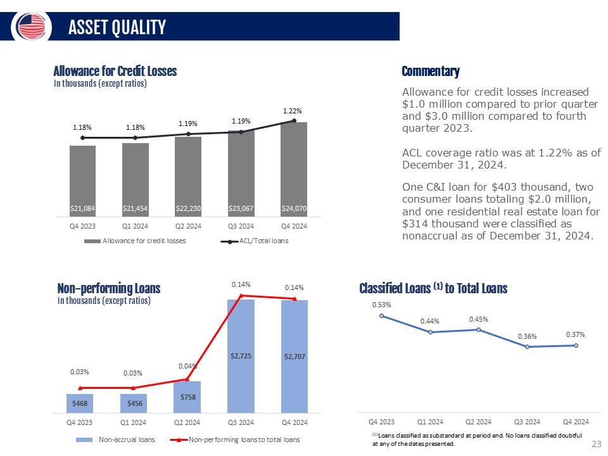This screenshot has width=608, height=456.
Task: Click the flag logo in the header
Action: pyautogui.click(x=32, y=26)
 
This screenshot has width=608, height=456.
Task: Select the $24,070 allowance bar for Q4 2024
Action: pyautogui.click(x=294, y=168)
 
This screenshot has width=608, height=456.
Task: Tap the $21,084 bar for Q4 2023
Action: pyautogui.click(x=82, y=180)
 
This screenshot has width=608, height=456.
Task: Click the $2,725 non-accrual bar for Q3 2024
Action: pyautogui.click(x=241, y=355)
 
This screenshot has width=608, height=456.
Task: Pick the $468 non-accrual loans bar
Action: pyautogui.click(x=79, y=403)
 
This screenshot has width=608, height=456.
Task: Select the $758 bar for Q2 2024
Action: pyautogui.click(x=187, y=396)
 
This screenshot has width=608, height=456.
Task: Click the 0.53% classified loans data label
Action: pyautogui.click(x=381, y=305)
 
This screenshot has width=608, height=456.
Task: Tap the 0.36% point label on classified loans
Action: pyautogui.click(x=527, y=336)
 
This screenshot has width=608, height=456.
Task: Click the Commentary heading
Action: pyautogui.click(x=431, y=71)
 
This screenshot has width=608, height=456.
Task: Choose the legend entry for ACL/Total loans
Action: pyautogui.click(x=257, y=241)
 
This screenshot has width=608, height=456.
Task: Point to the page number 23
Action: pyautogui.click(x=595, y=444)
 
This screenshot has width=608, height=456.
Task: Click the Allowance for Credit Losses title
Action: pyautogui.click(x=115, y=72)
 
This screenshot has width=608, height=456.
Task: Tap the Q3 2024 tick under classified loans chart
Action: pyautogui.click(x=527, y=421)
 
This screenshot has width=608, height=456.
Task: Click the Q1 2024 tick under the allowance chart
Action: pyautogui.click(x=135, y=226)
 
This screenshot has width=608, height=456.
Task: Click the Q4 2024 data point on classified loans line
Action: pyautogui.click(x=576, y=345)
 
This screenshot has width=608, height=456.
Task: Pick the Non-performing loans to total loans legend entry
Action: pyautogui.click(x=244, y=439)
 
